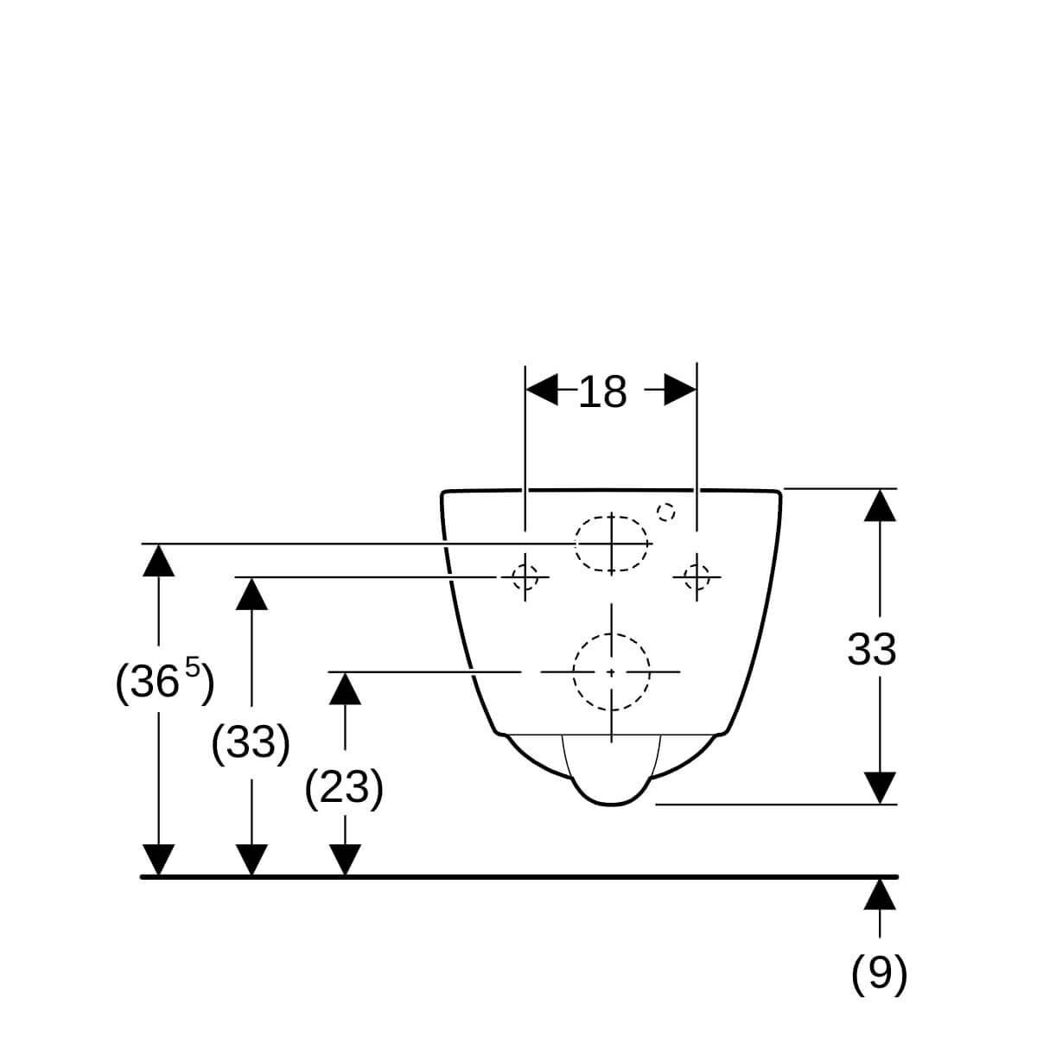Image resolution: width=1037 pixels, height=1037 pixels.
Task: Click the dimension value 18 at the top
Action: [602, 392]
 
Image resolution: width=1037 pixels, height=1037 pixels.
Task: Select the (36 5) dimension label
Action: [165, 682]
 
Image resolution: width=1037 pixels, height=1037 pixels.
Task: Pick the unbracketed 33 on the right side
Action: [872, 650]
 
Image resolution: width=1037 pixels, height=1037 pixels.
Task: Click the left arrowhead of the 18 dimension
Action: [542, 389]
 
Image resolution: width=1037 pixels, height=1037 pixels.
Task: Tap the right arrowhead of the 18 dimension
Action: [680, 389]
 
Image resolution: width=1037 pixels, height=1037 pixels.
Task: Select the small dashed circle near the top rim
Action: [666, 512]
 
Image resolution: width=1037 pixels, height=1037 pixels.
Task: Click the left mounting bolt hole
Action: [525, 577]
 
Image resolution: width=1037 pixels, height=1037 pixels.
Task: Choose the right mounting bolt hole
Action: [697, 577]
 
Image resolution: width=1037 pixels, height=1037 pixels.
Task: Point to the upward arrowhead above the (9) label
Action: [880, 894]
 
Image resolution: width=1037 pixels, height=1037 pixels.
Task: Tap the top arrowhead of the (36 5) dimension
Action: [159, 560]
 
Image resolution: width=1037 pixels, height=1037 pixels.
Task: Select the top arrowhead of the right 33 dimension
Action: [880, 506]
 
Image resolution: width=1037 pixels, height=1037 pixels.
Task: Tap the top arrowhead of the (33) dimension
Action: [251, 594]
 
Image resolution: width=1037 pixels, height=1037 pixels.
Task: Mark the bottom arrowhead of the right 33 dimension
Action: [880, 788]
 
